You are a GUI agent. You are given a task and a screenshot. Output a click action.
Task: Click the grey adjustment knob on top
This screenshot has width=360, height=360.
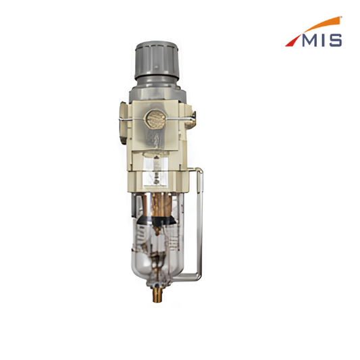click(x=157, y=60)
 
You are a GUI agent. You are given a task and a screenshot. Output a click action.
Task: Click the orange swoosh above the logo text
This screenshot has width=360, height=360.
click(x=322, y=25)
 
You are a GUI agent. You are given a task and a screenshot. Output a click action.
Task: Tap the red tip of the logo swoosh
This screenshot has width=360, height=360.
click(x=292, y=42)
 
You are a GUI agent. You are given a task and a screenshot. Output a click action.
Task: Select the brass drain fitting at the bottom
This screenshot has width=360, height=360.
click(x=157, y=294)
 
